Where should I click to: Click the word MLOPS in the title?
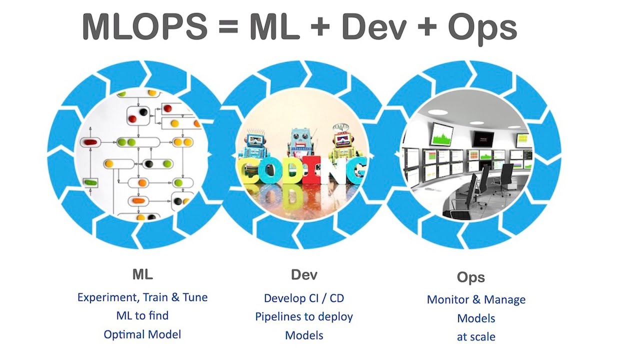tap(144, 27)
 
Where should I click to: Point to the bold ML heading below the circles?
tap(142, 274)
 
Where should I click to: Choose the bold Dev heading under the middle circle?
tap(304, 274)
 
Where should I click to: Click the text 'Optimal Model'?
tap(142, 334)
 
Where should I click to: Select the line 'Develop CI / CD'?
tap(304, 298)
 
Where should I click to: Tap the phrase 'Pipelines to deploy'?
tap(304, 316)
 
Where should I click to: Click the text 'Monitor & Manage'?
tap(476, 299)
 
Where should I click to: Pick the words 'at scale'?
tap(476, 336)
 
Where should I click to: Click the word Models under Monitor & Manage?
tap(476, 318)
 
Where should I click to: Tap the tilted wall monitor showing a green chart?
tap(441, 134)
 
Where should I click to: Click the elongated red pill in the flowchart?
tap(90, 142)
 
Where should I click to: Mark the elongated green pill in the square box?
tap(90, 183)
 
